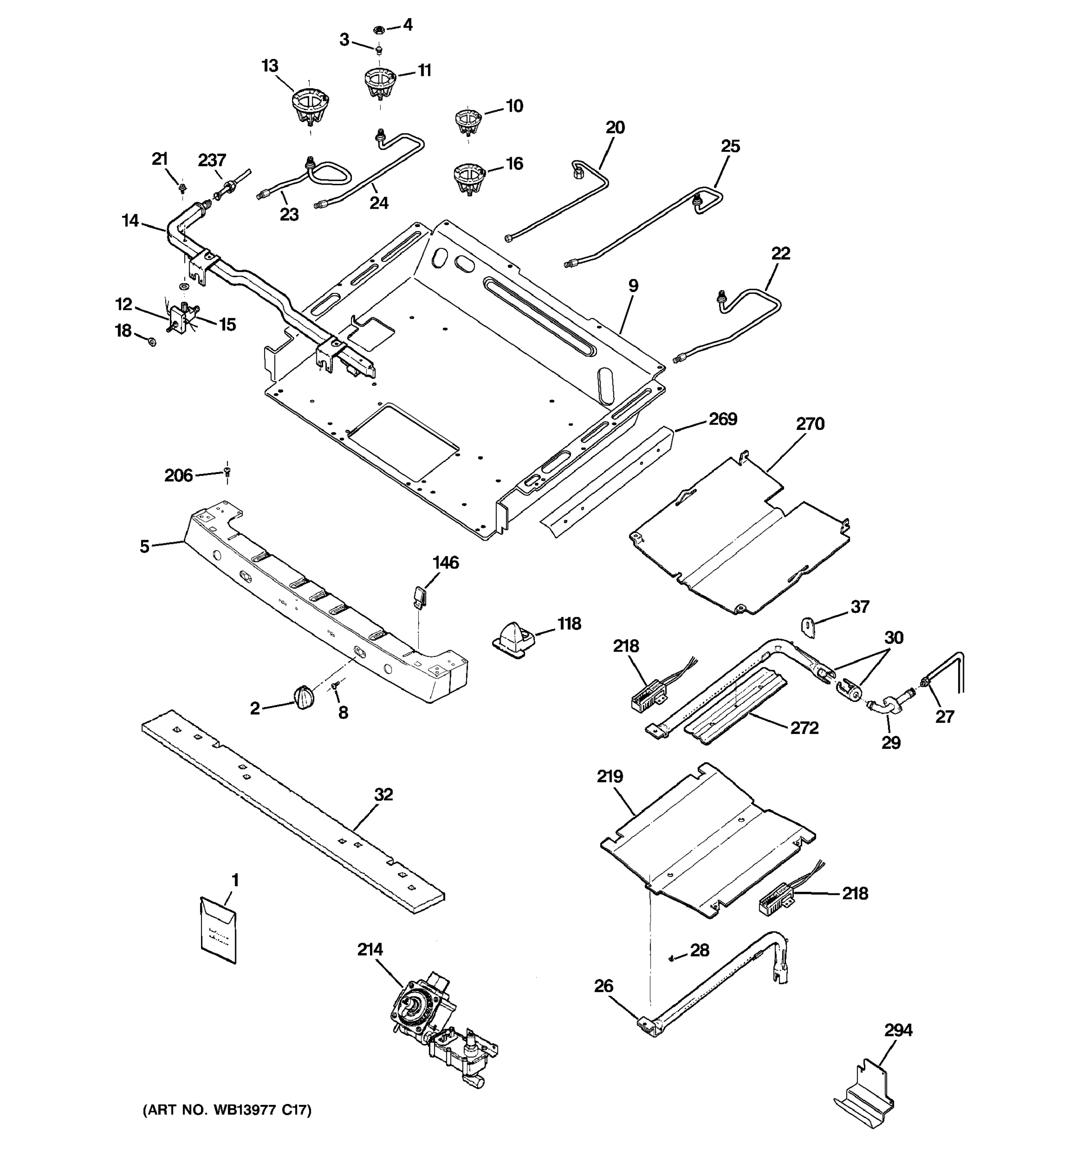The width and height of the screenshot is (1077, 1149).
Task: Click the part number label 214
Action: (370, 950)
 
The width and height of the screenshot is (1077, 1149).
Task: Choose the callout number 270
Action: (810, 424)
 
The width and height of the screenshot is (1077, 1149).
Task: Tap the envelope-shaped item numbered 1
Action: (218, 929)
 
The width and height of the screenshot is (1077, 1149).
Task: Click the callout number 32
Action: (384, 795)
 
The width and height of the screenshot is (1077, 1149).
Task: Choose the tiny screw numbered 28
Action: (672, 958)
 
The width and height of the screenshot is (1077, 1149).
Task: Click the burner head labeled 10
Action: (468, 120)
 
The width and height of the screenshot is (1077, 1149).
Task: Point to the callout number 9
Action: (633, 285)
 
